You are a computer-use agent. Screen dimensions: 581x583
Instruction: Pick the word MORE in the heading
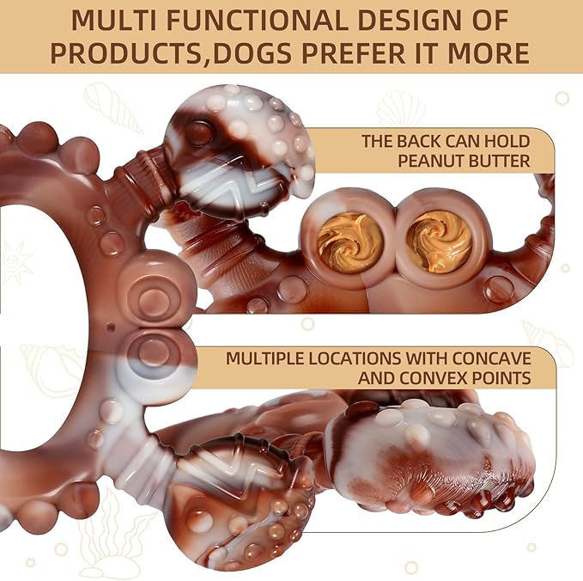pos(489,53)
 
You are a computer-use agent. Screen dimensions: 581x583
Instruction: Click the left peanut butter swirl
pos(351,239)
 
